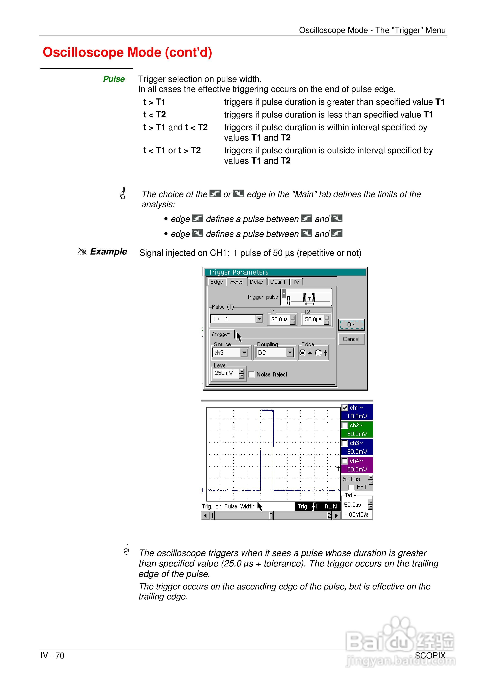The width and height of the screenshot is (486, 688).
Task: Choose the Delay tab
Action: coord(256,282)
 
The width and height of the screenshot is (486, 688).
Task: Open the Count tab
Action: coord(278,282)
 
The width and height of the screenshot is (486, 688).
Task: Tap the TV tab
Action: coord(296,282)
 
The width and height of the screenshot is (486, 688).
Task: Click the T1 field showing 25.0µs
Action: coord(279,319)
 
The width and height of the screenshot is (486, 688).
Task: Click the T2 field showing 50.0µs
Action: coord(313,319)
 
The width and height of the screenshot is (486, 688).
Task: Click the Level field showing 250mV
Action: coord(224,373)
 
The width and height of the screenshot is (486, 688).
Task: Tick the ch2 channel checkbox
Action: coord(345,426)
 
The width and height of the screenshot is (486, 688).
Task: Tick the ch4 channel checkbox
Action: coord(345,461)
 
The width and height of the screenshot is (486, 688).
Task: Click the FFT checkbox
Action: coord(352,488)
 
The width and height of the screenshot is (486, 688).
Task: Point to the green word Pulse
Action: coord(114,79)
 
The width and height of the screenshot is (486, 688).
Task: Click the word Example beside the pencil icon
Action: coord(108,251)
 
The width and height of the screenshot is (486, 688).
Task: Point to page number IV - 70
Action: coord(52,656)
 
